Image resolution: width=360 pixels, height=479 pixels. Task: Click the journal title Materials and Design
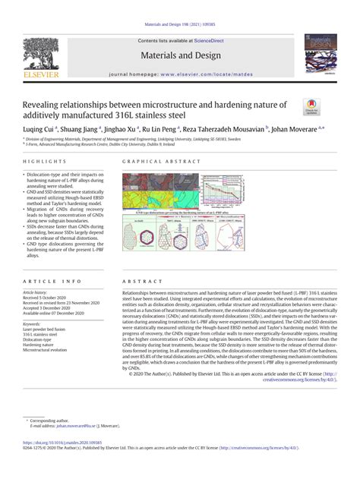[x=179, y=55]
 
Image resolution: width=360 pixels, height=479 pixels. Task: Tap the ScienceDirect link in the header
[x=208, y=41]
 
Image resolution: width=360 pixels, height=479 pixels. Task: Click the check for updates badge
[x=312, y=107]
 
